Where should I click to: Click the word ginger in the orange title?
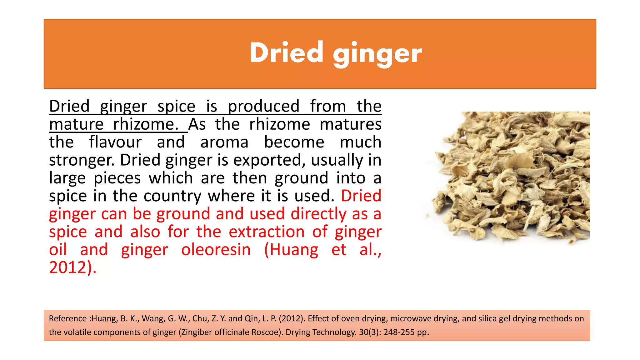pyautogui.click(x=377, y=54)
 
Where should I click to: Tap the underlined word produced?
pyautogui.click(x=263, y=106)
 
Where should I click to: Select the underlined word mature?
pyautogui.click(x=76, y=124)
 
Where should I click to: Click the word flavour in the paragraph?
pyautogui.click(x=115, y=142)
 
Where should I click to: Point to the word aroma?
pyautogui.click(x=224, y=142)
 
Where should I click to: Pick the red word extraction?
pyautogui.click(x=267, y=232)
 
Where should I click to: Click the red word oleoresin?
pyautogui.click(x=216, y=250)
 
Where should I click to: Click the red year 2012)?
pyautogui.click(x=72, y=268)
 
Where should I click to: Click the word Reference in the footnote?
pyautogui.click(x=67, y=318)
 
